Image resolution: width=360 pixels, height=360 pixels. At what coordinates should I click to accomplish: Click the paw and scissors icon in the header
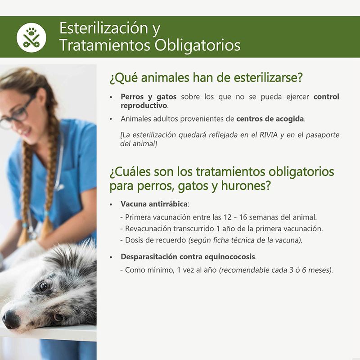(x=31, y=38)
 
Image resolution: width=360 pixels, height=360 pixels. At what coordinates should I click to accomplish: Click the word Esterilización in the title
(x=104, y=28)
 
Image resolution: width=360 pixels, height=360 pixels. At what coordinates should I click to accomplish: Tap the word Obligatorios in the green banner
(x=197, y=45)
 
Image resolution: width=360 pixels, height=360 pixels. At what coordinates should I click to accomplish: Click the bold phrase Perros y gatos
(x=148, y=97)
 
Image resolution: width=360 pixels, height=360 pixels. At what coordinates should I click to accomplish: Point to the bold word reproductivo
(x=144, y=106)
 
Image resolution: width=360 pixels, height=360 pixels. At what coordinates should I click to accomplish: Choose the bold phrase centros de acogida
(x=270, y=119)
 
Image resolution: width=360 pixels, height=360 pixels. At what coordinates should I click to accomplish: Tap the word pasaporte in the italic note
(x=323, y=135)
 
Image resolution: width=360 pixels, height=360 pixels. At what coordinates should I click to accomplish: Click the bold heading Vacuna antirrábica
(x=154, y=204)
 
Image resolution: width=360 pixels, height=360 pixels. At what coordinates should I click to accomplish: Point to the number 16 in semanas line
(x=243, y=217)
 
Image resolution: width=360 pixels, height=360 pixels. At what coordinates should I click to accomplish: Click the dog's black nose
(x=10, y=319)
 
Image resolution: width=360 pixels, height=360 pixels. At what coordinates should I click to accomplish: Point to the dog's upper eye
(x=43, y=286)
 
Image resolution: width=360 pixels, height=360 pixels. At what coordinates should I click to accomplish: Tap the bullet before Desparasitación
(x=111, y=257)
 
